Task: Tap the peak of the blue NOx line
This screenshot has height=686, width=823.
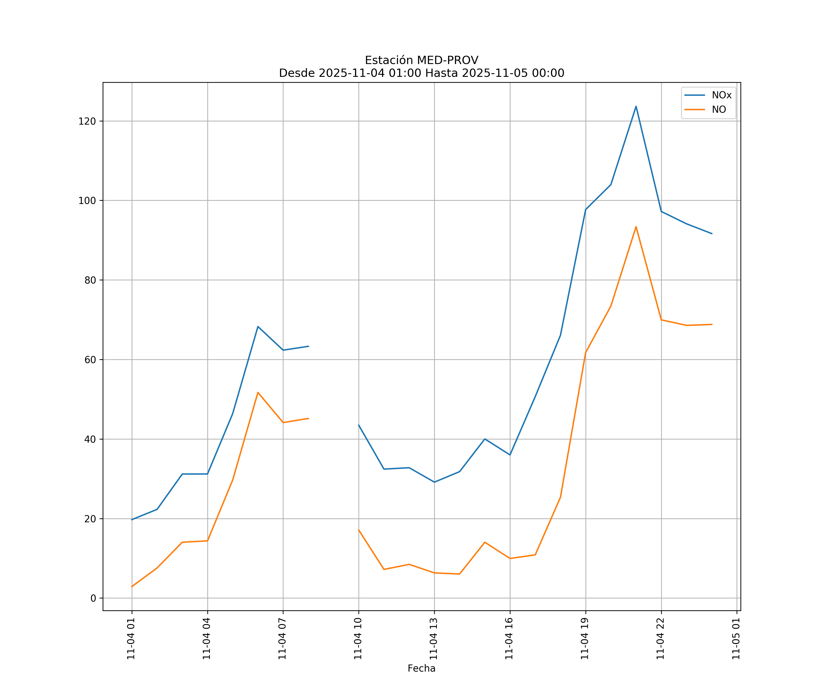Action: click(636, 106)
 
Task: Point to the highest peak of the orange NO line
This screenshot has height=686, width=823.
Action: click(636, 227)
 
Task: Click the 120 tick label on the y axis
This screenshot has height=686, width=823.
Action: click(87, 121)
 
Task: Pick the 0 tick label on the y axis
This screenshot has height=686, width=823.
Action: click(93, 598)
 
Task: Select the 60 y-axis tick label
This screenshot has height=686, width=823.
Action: click(90, 359)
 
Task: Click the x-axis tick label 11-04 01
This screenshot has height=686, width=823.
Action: click(131, 639)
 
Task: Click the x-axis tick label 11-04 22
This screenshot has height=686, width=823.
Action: click(660, 639)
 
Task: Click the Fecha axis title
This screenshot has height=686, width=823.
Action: click(421, 668)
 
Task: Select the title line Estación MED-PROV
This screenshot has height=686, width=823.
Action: click(421, 60)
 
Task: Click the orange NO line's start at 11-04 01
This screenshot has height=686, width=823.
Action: click(132, 587)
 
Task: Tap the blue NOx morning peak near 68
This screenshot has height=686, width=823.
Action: click(258, 327)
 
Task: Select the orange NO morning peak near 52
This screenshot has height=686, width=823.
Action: click(258, 392)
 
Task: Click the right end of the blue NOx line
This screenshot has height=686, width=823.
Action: click(712, 234)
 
